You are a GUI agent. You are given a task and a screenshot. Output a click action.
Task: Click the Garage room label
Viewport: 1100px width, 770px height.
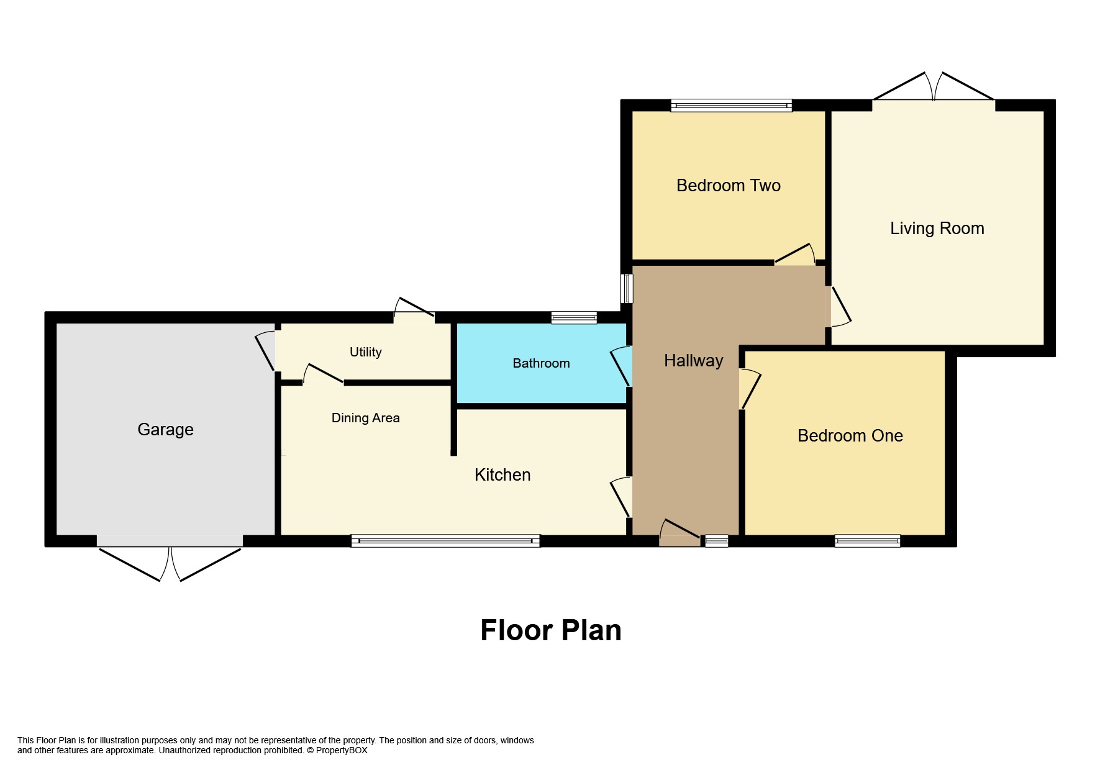click(165, 429)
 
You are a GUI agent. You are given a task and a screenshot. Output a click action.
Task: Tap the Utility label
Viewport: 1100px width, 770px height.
click(365, 352)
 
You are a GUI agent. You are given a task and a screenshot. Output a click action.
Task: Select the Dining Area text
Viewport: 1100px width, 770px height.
click(365, 418)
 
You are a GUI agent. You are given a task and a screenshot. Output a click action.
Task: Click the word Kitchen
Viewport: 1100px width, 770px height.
click(502, 475)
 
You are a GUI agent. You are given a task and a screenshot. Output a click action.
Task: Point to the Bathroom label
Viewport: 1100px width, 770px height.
click(541, 363)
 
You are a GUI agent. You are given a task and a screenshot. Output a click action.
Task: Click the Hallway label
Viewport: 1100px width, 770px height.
click(693, 361)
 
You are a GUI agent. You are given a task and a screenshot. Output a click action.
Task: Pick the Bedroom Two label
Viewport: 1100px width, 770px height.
click(728, 186)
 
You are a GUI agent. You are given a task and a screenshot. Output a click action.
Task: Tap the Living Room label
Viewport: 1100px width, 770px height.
click(937, 229)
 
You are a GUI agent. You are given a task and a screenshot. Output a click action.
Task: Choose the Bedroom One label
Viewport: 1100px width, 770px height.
click(850, 436)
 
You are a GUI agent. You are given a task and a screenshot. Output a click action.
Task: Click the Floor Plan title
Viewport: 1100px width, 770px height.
click(550, 630)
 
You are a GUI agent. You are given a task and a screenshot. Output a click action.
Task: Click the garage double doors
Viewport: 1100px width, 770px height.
click(170, 559)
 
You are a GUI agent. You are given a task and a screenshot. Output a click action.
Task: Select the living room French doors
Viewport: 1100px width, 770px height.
click(934, 90)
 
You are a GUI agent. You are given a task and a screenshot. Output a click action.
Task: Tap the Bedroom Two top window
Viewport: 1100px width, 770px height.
click(731, 106)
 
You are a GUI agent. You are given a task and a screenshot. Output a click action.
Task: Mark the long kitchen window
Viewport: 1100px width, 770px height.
click(445, 541)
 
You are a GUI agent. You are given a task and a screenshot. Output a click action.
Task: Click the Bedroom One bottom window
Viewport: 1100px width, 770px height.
click(867, 541)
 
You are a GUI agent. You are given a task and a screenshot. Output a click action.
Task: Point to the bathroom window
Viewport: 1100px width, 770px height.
click(574, 318)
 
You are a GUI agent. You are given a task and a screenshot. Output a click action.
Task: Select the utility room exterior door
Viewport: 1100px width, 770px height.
click(414, 310)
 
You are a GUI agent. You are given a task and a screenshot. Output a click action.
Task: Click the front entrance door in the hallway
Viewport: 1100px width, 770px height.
click(680, 535)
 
